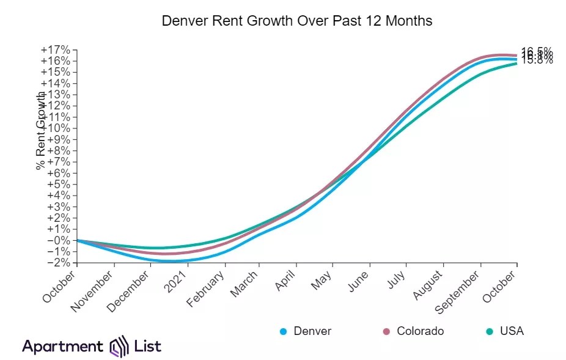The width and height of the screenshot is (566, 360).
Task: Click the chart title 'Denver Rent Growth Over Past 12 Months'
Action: pos(296,21)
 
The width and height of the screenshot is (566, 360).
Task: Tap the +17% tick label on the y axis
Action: pos(56,50)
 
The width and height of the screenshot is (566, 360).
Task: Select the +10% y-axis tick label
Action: pos(56,128)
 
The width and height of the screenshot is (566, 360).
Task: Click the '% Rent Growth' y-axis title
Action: pos(41,131)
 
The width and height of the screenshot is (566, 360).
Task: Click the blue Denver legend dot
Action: pos(283,332)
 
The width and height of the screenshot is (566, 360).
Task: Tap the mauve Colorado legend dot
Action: pos(386,332)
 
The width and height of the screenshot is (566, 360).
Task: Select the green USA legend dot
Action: pos(489,332)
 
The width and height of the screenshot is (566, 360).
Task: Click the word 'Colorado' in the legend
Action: pos(420,331)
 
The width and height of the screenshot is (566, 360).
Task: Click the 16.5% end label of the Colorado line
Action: pos(537,51)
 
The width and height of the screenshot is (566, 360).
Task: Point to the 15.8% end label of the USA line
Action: pos(537,61)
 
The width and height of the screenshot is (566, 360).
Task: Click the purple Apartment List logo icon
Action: pos(118,347)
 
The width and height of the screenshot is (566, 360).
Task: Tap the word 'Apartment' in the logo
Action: pos(63,347)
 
